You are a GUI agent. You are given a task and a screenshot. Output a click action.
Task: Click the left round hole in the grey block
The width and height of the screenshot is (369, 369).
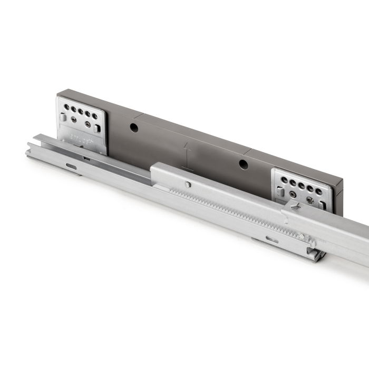134,128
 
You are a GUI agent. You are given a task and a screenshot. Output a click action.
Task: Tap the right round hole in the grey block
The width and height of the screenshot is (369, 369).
244,164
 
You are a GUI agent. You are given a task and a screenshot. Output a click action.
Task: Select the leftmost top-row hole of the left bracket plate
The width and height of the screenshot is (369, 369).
66,107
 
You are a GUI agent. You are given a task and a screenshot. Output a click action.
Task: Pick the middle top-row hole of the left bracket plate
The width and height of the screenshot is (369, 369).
81,111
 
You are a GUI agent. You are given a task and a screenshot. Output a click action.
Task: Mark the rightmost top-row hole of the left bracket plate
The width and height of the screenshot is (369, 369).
95,116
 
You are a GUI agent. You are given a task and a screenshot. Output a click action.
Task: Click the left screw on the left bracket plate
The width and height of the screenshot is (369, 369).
73,120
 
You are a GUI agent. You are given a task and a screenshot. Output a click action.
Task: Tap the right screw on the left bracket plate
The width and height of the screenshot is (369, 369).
88,124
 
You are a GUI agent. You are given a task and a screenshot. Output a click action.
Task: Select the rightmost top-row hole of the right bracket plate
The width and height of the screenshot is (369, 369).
318,191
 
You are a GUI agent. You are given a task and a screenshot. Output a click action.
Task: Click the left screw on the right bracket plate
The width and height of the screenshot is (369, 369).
293,194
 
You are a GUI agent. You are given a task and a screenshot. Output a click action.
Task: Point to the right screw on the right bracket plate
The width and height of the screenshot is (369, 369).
310,201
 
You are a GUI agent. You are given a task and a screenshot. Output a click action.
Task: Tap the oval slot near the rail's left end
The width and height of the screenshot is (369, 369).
71,167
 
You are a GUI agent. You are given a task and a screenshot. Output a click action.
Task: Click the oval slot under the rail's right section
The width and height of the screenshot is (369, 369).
272,239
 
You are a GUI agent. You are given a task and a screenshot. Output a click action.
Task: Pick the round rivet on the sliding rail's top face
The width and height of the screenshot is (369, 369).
188,184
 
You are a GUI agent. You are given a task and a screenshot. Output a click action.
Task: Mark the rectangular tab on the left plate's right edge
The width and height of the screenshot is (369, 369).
97,128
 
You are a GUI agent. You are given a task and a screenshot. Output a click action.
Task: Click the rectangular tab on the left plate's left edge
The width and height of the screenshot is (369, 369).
63,118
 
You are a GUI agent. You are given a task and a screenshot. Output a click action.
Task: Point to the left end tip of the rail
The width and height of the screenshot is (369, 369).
28,153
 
